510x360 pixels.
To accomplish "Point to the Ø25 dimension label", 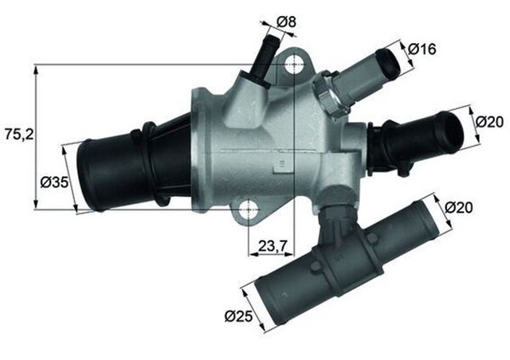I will (x=240, y=317).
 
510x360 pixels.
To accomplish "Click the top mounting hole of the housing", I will (x=296, y=63).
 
